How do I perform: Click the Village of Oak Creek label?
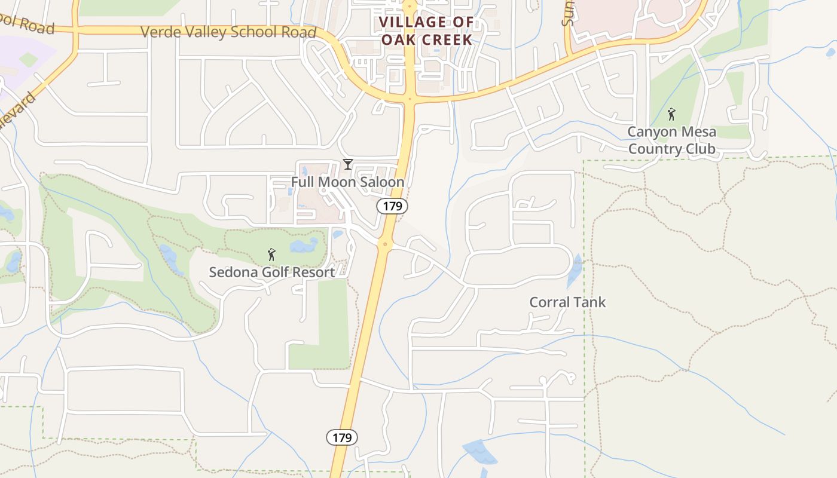click(426, 31)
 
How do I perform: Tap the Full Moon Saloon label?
click(347, 182)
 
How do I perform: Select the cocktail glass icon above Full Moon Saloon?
click(347, 164)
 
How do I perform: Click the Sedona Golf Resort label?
click(271, 272)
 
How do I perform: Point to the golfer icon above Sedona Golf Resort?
click(271, 255)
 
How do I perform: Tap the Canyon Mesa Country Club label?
click(671, 140)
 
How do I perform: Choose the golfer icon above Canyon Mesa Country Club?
click(671, 114)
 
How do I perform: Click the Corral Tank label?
click(567, 302)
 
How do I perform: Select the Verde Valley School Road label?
click(228, 32)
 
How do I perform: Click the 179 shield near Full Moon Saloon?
click(392, 206)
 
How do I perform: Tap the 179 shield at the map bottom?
click(342, 437)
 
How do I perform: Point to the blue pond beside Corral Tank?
click(575, 269)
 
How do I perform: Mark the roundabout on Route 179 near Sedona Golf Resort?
click(385, 244)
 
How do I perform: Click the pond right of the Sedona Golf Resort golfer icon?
click(304, 246)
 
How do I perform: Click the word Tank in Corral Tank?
click(589, 302)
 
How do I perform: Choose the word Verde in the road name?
click(159, 31)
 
